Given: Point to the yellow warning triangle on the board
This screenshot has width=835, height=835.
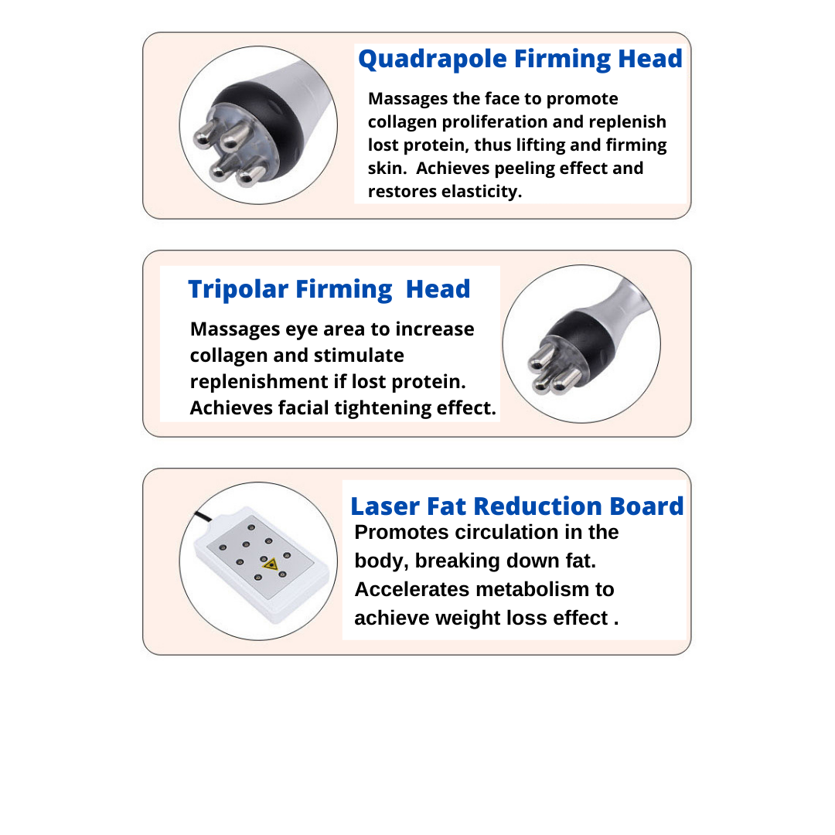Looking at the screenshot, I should pyautogui.click(x=269, y=566).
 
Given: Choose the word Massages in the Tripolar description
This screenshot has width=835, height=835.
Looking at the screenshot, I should pyautogui.click(x=235, y=329).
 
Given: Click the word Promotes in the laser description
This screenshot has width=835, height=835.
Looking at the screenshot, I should pyautogui.click(x=401, y=533).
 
